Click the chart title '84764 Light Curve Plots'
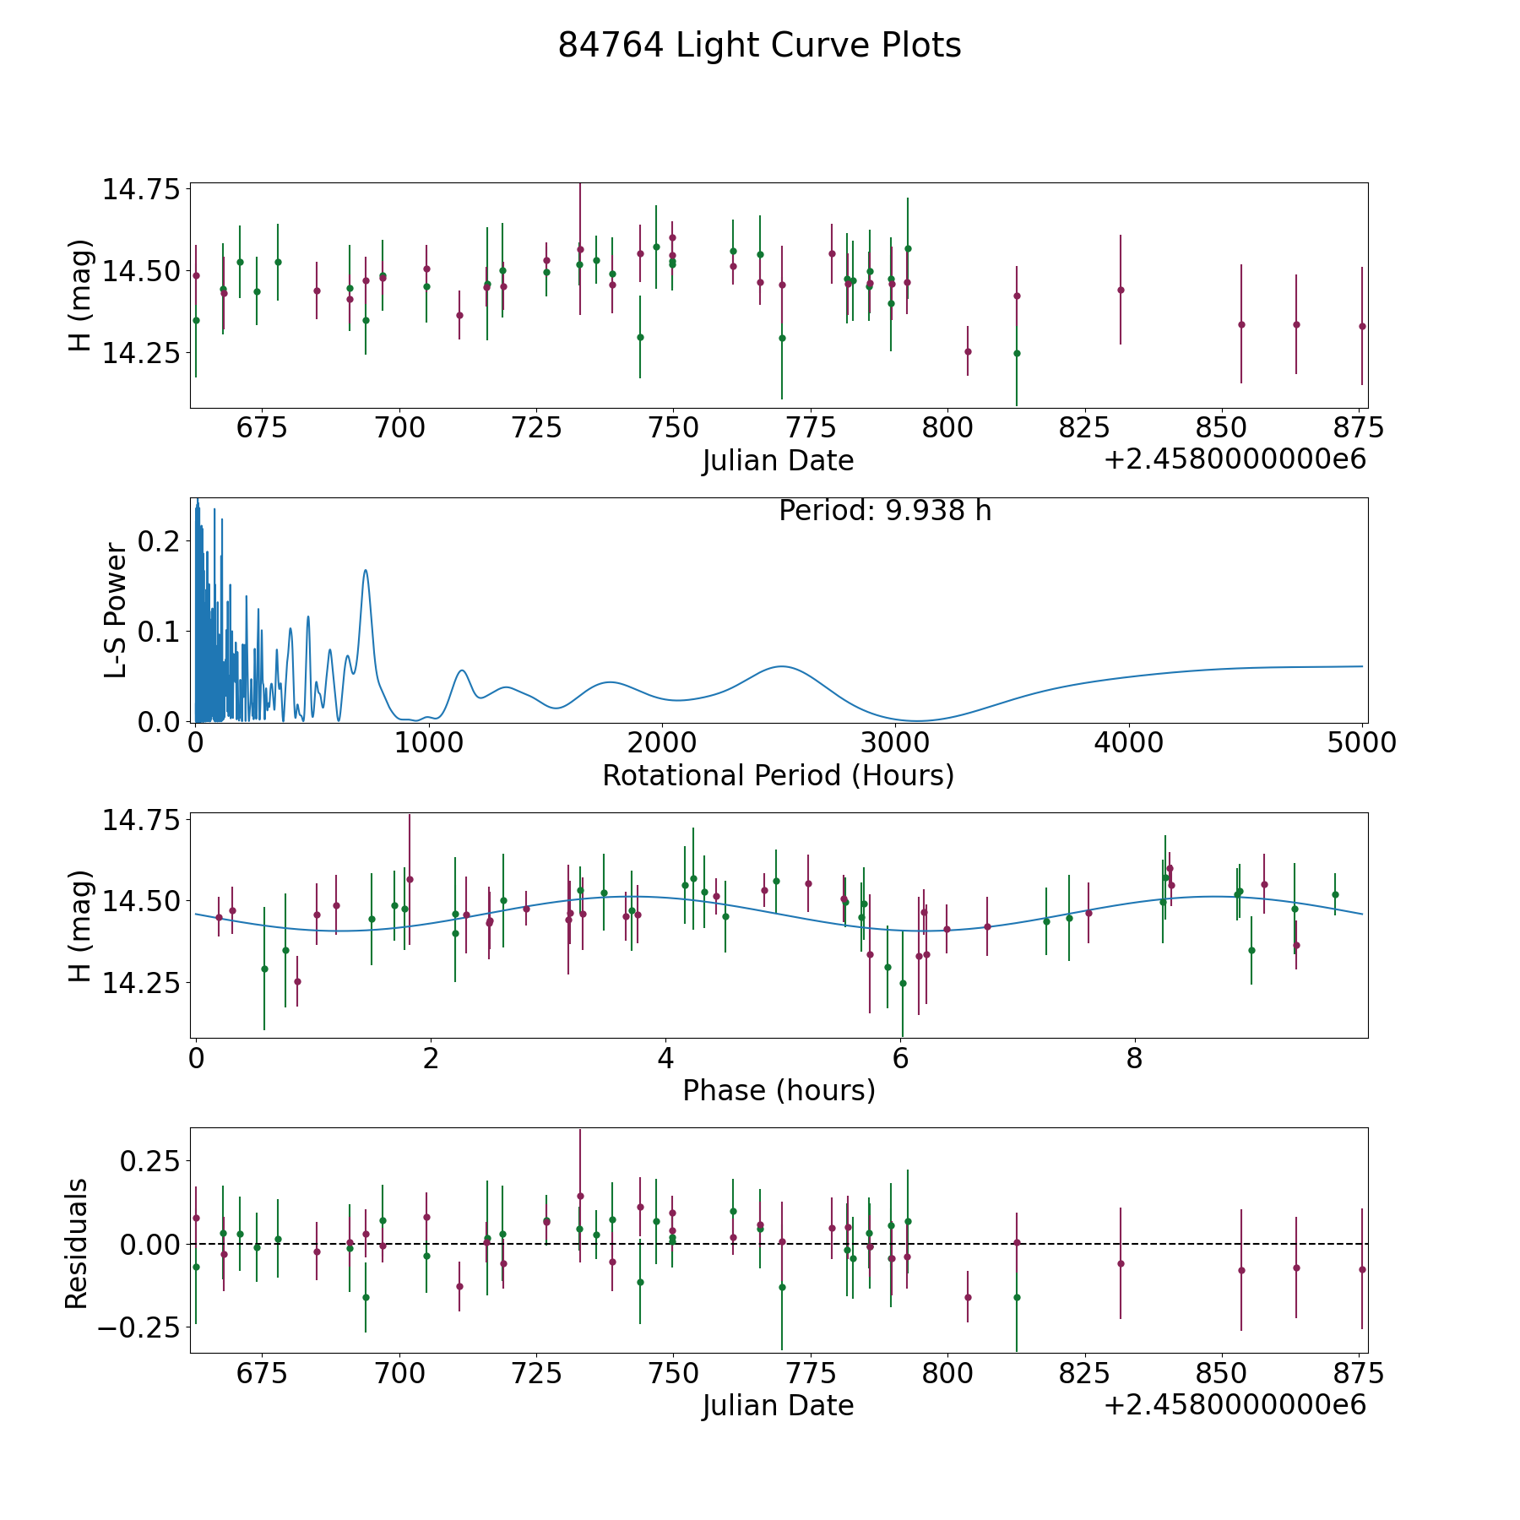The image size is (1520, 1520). (x=759, y=46)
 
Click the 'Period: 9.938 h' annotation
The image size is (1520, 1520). (x=884, y=511)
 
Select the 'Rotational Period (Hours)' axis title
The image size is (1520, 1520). (x=778, y=775)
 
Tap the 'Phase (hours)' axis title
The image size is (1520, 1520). (x=779, y=1090)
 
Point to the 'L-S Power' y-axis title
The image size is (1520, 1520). (x=116, y=611)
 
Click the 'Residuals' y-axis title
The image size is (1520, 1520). (x=77, y=1243)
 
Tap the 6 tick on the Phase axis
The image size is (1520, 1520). (x=900, y=1058)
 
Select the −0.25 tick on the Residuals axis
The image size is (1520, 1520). (x=138, y=1327)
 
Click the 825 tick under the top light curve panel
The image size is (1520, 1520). (x=1084, y=428)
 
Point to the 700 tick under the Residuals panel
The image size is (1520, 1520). (x=399, y=1374)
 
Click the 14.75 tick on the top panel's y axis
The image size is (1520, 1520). (x=141, y=189)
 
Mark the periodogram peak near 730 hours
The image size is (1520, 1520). (x=366, y=571)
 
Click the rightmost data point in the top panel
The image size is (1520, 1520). (x=1362, y=326)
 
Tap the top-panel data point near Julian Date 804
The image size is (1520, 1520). (x=968, y=351)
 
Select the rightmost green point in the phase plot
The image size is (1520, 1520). (x=1335, y=894)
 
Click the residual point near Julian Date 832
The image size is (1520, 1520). (x=1121, y=1263)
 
